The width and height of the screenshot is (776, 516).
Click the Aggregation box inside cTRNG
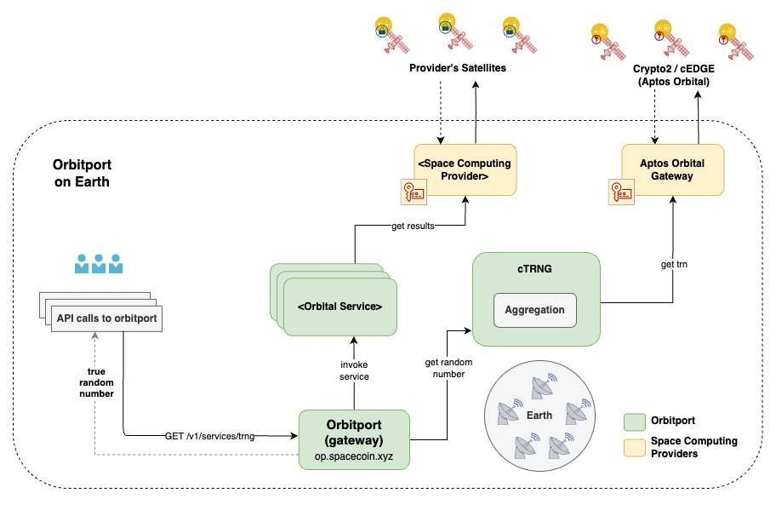pyautogui.click(x=535, y=310)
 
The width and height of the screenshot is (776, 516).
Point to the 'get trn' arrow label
pyautogui.click(x=673, y=265)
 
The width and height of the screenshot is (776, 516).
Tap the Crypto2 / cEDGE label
pyautogui.click(x=673, y=68)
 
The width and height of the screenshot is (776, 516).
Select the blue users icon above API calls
pyautogui.click(x=99, y=263)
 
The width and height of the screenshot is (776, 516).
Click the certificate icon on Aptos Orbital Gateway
pyautogui.click(x=622, y=193)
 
